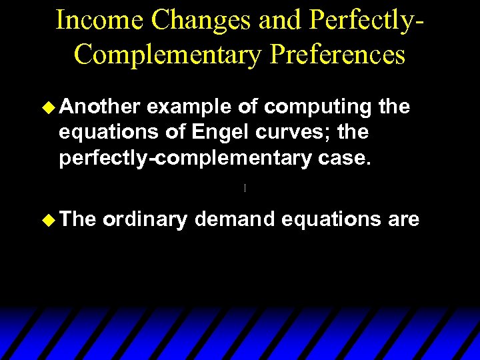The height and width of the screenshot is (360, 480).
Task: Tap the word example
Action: (x=187, y=107)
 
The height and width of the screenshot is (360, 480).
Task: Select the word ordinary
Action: (x=145, y=219)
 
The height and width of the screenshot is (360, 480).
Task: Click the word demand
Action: (x=235, y=219)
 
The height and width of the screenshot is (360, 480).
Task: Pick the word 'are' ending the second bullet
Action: (x=403, y=219)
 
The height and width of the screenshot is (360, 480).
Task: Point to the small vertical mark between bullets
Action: (x=245, y=189)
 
